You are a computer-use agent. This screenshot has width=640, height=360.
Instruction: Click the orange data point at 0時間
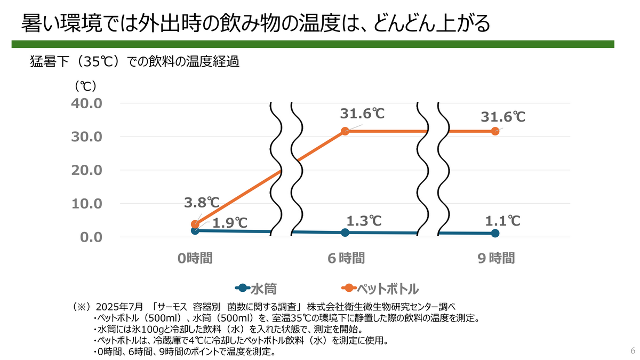(195, 225)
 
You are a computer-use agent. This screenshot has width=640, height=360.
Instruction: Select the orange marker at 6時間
(345, 131)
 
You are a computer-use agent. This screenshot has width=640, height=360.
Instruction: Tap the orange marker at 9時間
(495, 131)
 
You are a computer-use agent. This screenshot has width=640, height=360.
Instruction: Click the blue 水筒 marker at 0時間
(195, 230)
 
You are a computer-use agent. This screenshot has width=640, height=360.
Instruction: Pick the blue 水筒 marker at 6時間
(345, 233)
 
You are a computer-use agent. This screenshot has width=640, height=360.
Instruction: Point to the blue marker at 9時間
(495, 233)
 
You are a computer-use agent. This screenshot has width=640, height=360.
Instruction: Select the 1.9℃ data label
(230, 223)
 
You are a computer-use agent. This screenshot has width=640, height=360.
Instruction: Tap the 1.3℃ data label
(364, 220)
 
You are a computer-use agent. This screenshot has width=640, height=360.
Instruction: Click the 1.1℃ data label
(503, 220)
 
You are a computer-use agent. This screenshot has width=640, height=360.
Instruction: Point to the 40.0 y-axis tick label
(87, 103)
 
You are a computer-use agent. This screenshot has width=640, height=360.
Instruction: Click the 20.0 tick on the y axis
(87, 170)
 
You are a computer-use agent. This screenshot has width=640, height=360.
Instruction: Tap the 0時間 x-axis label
(195, 259)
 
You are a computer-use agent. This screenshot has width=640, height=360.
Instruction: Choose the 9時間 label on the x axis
(496, 259)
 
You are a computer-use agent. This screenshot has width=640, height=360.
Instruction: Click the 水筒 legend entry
(254, 289)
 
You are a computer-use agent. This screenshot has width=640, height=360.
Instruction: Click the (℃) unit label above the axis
(85, 85)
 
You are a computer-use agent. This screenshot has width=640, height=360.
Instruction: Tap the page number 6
(633, 351)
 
